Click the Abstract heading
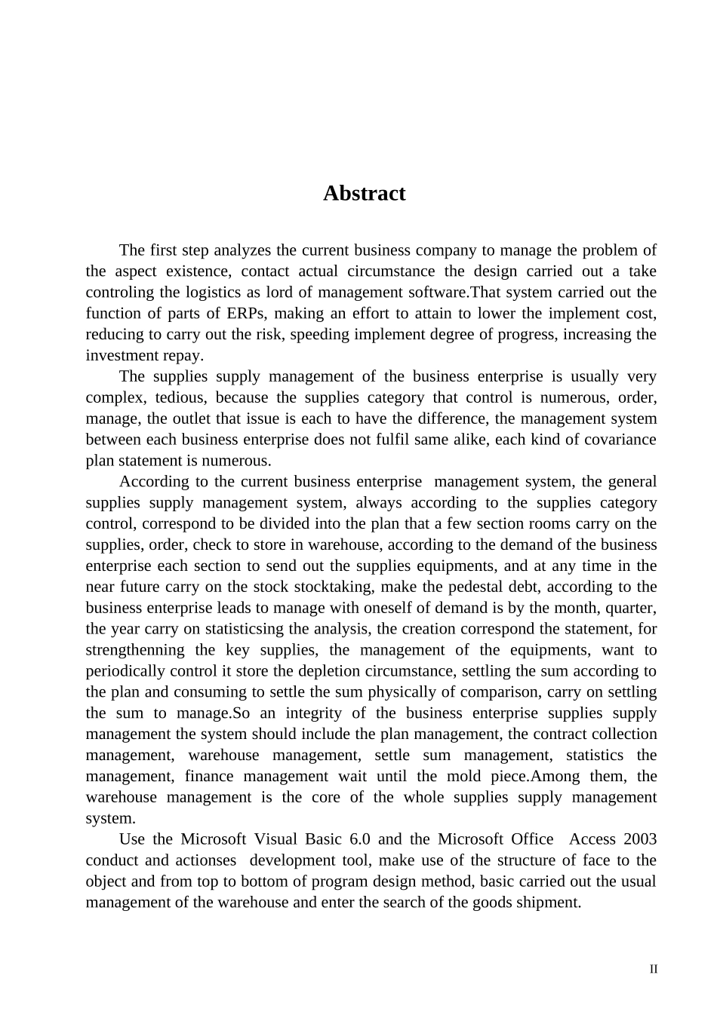pyautogui.click(x=364, y=194)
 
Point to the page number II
pyautogui.click(x=654, y=970)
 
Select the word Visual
pyautogui.click(x=275, y=839)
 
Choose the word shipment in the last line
pyautogui.click(x=548, y=903)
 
